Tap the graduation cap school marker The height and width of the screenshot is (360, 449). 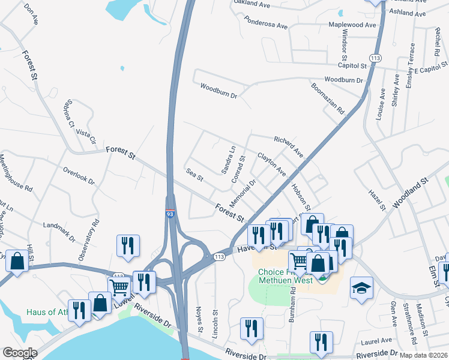point(361,287)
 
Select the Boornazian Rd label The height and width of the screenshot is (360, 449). point(327,98)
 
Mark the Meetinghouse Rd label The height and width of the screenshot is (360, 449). point(16,173)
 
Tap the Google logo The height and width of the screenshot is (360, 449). point(20,353)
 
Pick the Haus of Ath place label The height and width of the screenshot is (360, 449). point(47,313)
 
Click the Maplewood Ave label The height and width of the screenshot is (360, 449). point(352,25)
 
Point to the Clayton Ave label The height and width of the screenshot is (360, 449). point(271,164)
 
